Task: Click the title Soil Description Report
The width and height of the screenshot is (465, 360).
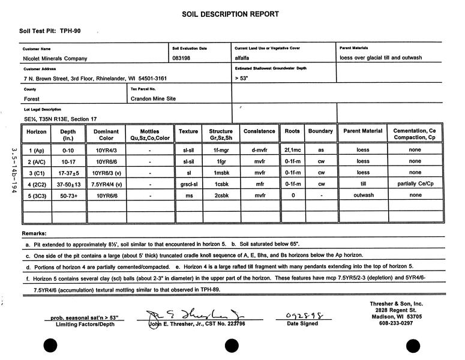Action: [x=230, y=14]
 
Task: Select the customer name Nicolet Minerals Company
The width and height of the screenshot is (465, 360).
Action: [x=55, y=58]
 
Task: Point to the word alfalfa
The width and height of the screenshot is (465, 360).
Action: [x=245, y=58]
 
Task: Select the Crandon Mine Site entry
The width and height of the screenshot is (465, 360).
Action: [x=153, y=98]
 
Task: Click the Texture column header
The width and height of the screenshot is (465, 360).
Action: [x=188, y=131]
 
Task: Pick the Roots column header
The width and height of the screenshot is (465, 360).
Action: [x=292, y=131]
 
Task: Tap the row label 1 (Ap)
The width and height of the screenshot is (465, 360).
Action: [x=37, y=150]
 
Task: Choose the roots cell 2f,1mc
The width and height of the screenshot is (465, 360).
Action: [x=292, y=150]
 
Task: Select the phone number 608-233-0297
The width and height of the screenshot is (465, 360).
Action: [x=401, y=324]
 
